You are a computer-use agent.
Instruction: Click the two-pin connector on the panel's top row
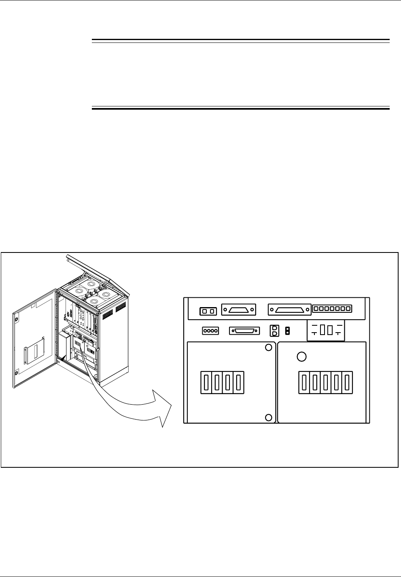[x=208, y=311]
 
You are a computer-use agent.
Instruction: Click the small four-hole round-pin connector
[x=210, y=331]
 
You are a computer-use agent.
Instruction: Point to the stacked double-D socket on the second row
[x=274, y=331]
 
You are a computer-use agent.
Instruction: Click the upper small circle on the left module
[x=268, y=348]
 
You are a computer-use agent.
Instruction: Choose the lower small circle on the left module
[x=268, y=418]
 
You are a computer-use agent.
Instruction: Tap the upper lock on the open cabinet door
[x=16, y=319]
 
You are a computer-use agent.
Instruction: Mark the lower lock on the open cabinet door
[x=16, y=372]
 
